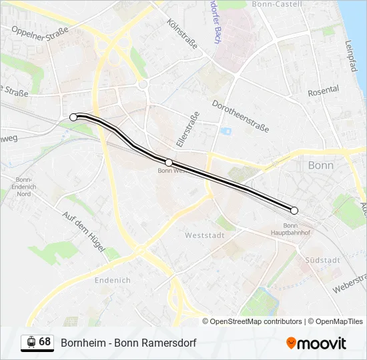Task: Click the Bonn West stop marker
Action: pos(169,163)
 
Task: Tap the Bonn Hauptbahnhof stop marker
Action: pos(294,211)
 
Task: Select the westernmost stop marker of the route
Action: pos(73,117)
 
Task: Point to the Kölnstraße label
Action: pos(183,33)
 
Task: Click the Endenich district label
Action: pos(113,281)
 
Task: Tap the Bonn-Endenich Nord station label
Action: pos(24,187)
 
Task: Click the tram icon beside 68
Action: pos(30,343)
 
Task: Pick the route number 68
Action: pos(45,342)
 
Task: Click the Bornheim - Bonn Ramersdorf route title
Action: pos(129,343)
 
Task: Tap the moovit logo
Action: pos(316,343)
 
